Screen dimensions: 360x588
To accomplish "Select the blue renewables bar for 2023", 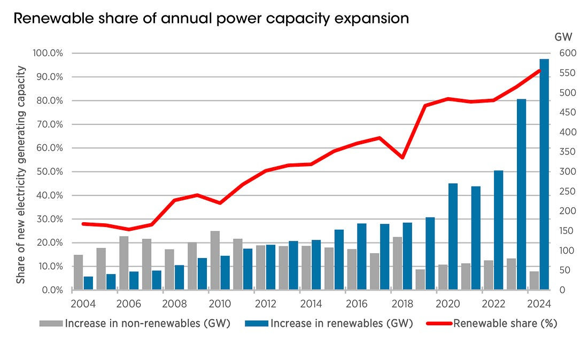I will (x=522, y=194).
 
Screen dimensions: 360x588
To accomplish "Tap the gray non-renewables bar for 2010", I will (x=215, y=261).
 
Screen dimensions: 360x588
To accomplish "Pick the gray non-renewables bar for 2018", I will (x=397, y=263).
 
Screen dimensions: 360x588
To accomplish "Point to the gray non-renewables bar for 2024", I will (x=534, y=280).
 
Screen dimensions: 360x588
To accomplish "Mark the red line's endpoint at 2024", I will (x=539, y=70).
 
